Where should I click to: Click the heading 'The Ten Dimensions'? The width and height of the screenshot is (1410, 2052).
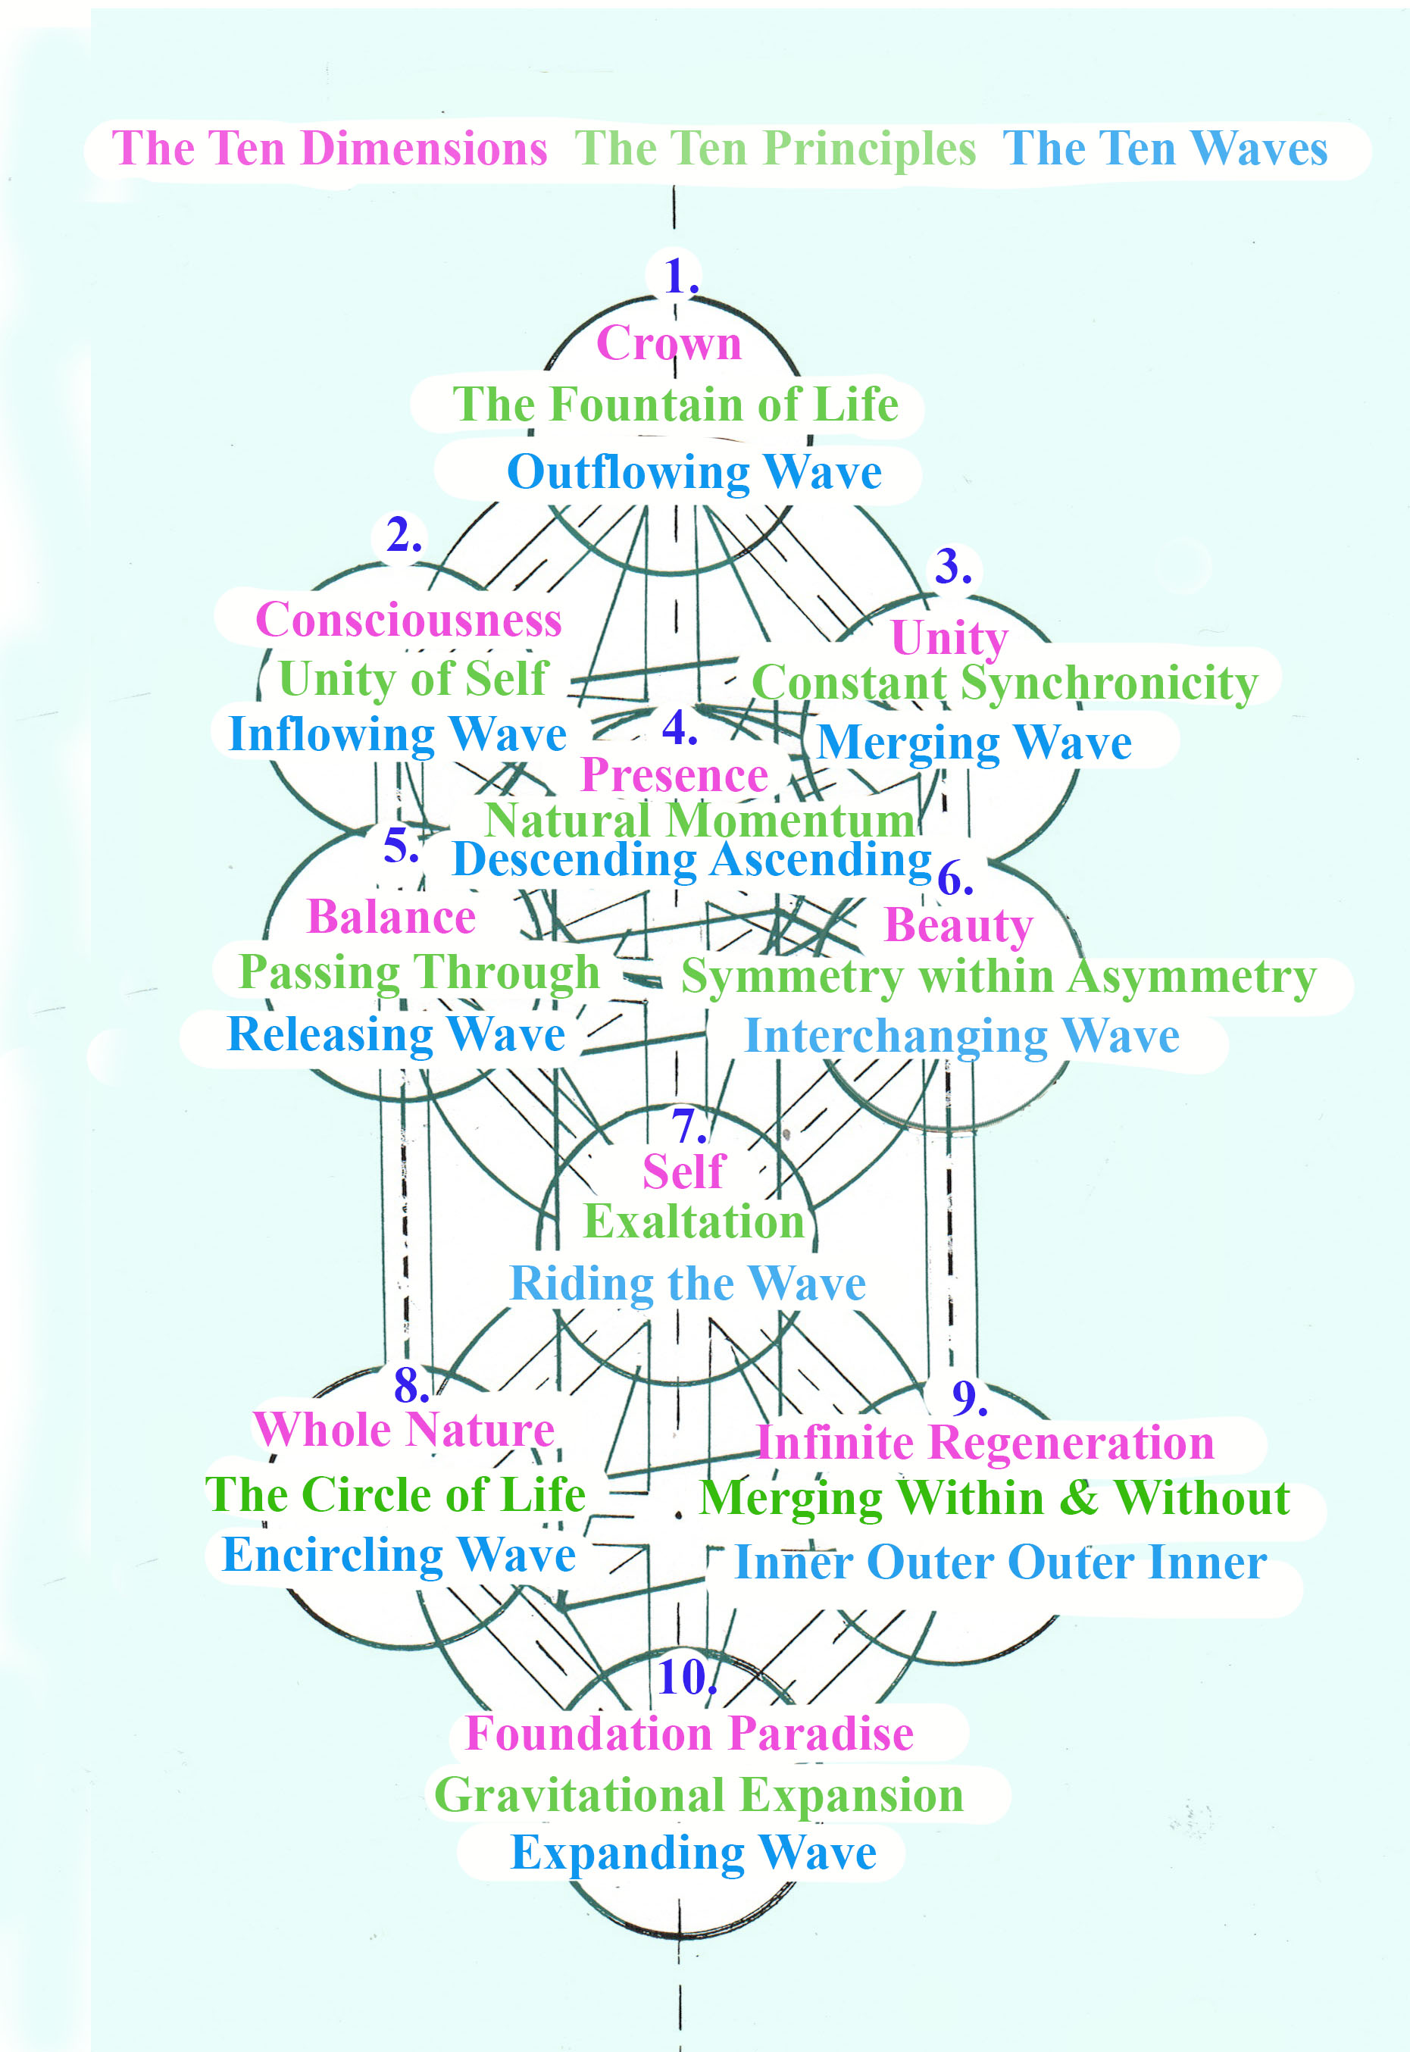click(x=330, y=149)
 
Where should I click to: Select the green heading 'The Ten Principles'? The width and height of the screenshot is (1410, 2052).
click(x=775, y=149)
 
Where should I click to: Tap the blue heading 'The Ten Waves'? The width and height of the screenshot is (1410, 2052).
click(x=1165, y=149)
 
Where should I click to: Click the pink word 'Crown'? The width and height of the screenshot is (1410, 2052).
click(x=669, y=343)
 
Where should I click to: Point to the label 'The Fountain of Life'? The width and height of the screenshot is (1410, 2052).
click(x=676, y=405)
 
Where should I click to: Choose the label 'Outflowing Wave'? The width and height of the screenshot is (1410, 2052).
click(x=695, y=472)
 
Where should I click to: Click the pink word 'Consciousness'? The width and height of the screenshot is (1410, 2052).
click(x=408, y=620)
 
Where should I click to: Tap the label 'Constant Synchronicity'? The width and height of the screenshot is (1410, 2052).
click(x=1005, y=683)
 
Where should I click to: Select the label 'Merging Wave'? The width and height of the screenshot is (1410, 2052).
click(x=974, y=742)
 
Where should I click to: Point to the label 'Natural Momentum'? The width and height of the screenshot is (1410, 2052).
click(x=701, y=820)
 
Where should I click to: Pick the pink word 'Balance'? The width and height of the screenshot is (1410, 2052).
click(x=392, y=917)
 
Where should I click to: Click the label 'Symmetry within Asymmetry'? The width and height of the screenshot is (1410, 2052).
click(x=999, y=977)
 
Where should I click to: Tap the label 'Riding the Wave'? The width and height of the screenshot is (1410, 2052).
click(x=687, y=1283)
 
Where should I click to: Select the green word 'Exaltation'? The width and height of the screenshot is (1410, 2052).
click(x=693, y=1222)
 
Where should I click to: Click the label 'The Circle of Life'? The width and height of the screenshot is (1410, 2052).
click(x=395, y=1494)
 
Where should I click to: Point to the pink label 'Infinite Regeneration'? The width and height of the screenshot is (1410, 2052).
click(x=985, y=1443)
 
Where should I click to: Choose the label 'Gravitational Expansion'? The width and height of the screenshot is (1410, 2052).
click(x=699, y=1794)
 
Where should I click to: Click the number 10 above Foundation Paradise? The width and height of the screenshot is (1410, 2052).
click(x=685, y=1677)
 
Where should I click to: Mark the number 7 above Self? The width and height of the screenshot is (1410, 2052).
click(x=687, y=1126)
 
